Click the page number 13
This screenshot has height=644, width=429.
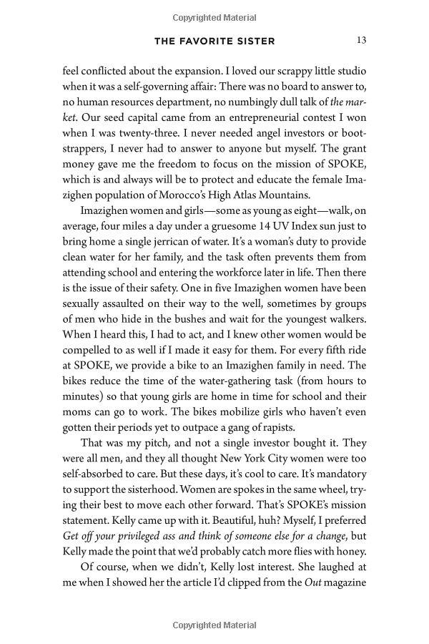361,41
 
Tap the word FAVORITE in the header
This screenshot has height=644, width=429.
215,42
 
